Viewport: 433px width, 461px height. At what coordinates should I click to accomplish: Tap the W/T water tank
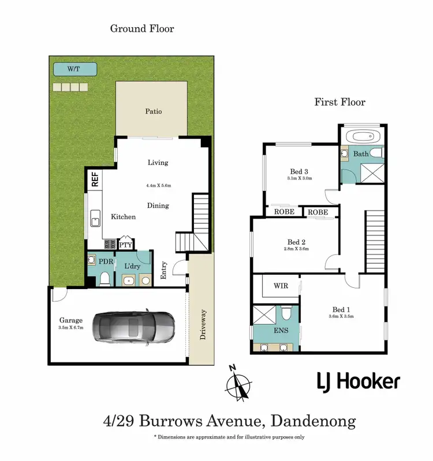click(74, 69)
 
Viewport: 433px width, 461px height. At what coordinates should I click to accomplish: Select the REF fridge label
click(94, 179)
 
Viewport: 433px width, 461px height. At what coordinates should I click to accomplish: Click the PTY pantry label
click(126, 245)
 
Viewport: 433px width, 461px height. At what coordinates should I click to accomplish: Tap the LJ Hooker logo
click(358, 381)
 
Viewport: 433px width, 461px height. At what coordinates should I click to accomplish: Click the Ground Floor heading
click(142, 28)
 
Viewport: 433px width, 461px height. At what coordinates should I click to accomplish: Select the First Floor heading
click(339, 102)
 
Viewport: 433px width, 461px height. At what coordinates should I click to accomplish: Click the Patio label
click(153, 111)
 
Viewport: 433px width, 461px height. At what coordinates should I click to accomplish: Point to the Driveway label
click(203, 325)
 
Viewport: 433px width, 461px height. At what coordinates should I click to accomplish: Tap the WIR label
click(280, 286)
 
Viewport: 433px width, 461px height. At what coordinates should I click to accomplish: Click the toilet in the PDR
click(104, 279)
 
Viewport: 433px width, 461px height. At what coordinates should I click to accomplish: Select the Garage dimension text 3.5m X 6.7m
click(71, 328)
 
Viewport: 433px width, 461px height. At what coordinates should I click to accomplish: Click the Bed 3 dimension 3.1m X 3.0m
click(299, 179)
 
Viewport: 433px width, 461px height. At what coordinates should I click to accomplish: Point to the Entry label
click(163, 271)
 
